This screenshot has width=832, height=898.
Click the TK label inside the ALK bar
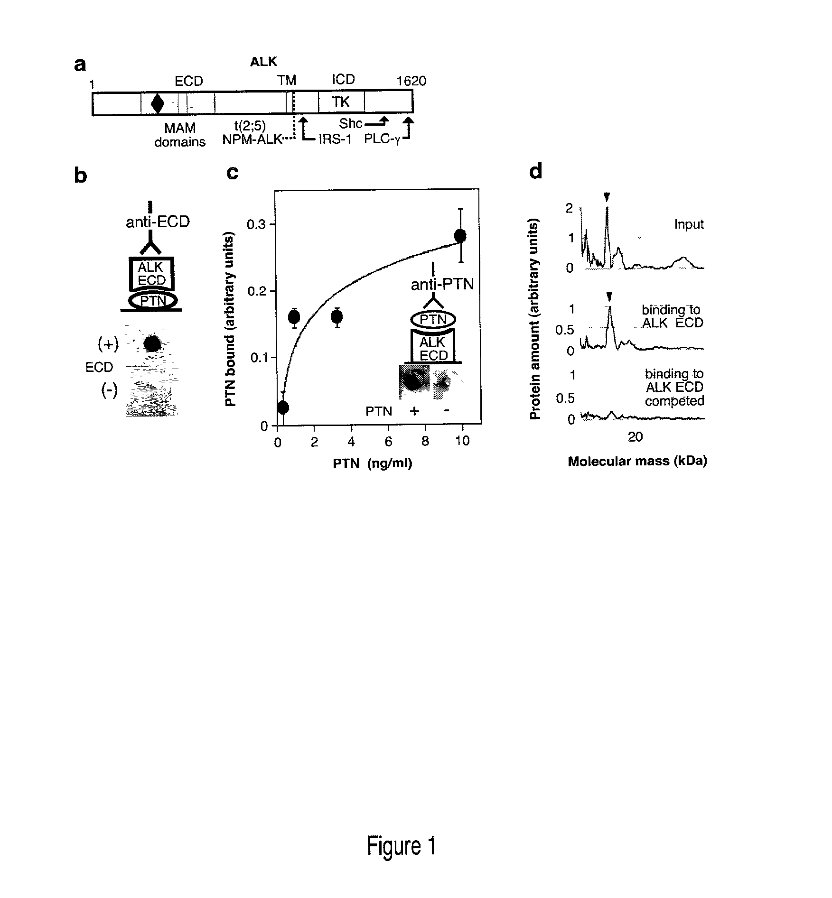click(x=341, y=102)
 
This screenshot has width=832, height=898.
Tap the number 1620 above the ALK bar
click(x=411, y=81)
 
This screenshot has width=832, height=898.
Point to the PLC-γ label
click(x=382, y=140)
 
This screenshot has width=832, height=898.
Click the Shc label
click(x=351, y=124)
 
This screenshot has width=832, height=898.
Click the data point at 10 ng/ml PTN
click(x=460, y=235)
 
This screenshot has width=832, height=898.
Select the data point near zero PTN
click(x=283, y=407)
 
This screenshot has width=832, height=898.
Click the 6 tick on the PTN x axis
click(x=388, y=441)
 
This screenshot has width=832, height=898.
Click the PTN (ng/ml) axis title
click(x=372, y=463)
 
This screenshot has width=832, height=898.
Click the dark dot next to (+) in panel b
click(x=152, y=343)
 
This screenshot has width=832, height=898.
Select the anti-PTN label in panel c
click(x=442, y=285)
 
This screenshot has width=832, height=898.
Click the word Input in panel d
click(x=689, y=224)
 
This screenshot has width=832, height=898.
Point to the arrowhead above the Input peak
click(x=606, y=197)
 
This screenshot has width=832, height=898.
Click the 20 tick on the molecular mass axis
click(x=635, y=437)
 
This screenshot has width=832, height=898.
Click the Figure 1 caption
click(x=401, y=846)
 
